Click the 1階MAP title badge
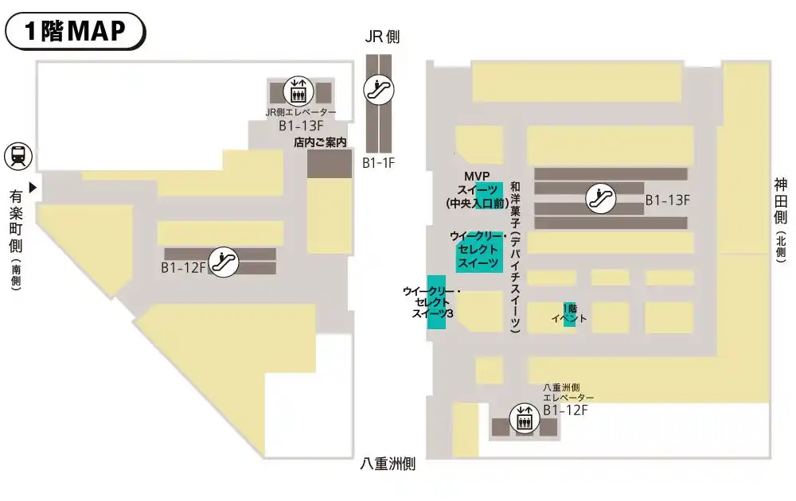76,31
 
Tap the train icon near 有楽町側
18,156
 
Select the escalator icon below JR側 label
379,89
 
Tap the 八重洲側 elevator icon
524,419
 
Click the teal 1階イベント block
569,314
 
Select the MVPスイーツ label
477,189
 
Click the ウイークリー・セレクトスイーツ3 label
431,303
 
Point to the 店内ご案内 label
321,143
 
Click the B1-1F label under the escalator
379,163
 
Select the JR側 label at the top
382,37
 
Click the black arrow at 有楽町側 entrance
33,188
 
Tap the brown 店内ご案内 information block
329,163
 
